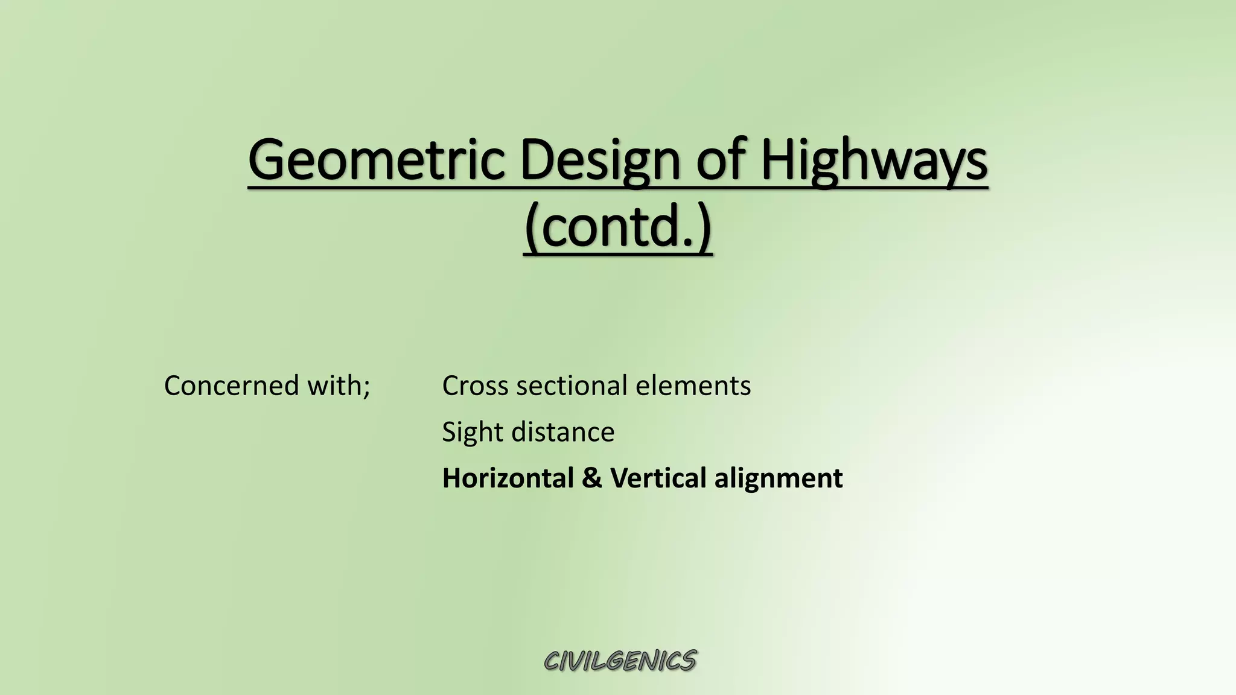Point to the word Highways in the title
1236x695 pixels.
(x=874, y=161)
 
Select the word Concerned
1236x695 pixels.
(x=231, y=386)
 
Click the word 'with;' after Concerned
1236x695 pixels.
(x=339, y=386)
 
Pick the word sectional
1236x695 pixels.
(x=571, y=386)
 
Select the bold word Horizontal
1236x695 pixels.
(x=508, y=478)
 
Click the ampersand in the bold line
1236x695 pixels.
(x=592, y=478)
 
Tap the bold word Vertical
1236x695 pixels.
(x=658, y=478)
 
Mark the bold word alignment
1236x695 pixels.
(x=778, y=478)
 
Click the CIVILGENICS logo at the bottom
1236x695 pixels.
(x=620, y=661)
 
